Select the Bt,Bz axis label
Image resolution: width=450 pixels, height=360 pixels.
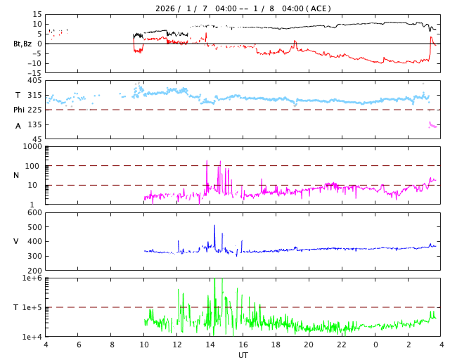coord(22,44)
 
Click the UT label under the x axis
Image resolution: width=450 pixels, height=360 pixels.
coord(243,355)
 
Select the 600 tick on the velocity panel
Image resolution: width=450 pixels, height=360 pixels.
coord(34,213)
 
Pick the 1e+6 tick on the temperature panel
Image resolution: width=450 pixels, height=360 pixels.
coord(32,278)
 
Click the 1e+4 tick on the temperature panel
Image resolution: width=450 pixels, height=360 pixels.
coord(32,337)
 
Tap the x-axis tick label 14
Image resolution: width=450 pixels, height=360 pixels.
coord(210,345)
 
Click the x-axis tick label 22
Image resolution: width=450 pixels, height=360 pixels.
coord(342,345)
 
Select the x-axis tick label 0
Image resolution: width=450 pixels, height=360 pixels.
coord(375,345)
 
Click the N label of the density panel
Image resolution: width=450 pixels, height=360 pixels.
coord(16,175)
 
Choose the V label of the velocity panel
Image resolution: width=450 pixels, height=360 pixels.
coord(16,241)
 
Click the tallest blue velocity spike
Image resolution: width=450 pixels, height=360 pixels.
coord(214,226)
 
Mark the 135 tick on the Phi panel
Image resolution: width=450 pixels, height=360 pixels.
coord(34,124)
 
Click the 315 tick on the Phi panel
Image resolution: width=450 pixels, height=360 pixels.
coord(34,96)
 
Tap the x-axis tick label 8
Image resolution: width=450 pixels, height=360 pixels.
coord(112,345)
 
